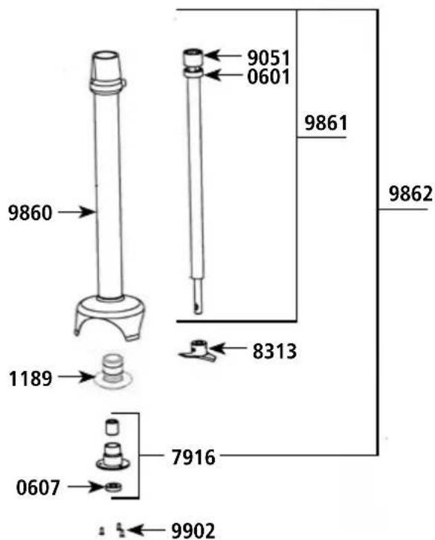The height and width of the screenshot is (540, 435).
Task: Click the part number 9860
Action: [x=29, y=213]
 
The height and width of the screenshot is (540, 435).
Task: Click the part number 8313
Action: [x=274, y=350]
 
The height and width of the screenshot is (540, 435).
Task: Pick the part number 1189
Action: [x=29, y=379]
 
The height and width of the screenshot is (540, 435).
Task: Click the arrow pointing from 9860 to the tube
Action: [x=77, y=213]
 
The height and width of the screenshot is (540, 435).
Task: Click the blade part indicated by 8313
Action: [x=197, y=350]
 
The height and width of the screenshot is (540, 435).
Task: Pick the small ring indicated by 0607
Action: [x=115, y=488]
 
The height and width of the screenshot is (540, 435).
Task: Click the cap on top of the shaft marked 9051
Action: [x=193, y=56]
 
